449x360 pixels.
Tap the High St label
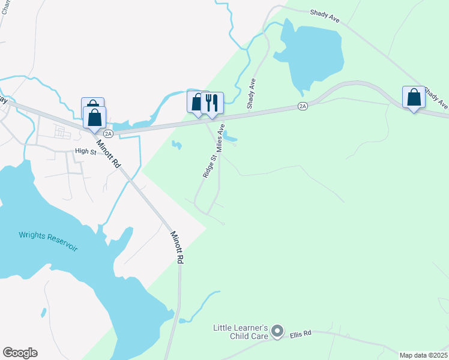[x=85, y=152]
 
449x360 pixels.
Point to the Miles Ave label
[x=220, y=138]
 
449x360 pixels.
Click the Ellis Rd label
[x=301, y=334]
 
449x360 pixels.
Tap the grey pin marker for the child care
[x=277, y=331]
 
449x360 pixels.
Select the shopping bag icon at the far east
[x=414, y=97]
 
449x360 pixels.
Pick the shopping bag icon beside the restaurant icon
[x=197, y=102]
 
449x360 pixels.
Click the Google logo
[x=20, y=353]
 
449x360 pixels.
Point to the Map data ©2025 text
[x=423, y=355]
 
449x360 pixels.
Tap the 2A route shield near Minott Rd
[x=108, y=133]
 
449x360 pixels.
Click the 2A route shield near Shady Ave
[x=303, y=106]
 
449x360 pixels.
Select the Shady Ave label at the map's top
[x=325, y=16]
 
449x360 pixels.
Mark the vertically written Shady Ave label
[x=252, y=94]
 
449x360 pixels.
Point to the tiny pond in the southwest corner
[x=44, y=313]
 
